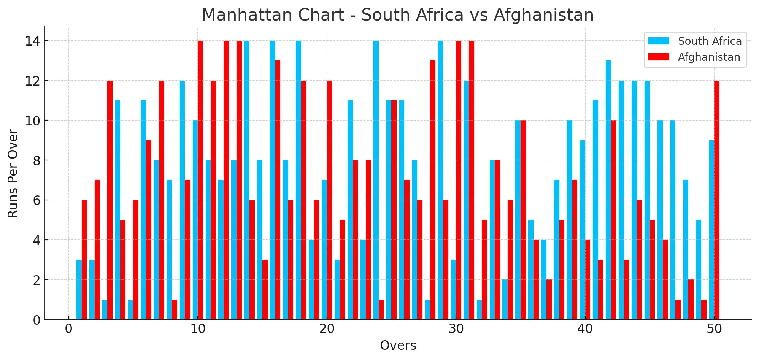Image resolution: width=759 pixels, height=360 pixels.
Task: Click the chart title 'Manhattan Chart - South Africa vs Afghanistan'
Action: click(397, 15)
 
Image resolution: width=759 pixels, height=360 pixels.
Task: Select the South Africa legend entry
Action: click(710, 41)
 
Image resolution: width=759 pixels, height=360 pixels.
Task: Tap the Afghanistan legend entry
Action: click(709, 57)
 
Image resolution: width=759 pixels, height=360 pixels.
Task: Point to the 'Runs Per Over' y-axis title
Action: click(13, 173)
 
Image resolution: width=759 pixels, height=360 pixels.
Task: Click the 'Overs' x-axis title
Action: click(398, 345)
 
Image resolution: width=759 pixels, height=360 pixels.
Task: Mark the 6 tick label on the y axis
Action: click(37, 200)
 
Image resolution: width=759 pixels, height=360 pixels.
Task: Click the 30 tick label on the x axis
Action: click(456, 329)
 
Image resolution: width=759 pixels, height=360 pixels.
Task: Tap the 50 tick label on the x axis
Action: click(714, 329)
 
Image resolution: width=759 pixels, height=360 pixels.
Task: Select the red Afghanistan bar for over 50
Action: click(717, 200)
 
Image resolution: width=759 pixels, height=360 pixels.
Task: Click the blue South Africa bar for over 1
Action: click(79, 289)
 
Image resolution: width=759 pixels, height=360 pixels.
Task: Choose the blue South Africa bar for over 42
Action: click(608, 190)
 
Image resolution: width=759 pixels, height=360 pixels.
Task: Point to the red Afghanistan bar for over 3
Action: click(110, 200)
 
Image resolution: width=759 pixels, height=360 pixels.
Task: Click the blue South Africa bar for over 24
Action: click(376, 180)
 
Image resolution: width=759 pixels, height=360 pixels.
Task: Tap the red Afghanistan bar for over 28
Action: click(433, 190)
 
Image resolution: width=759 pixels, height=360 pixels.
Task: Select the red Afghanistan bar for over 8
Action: click(175, 309)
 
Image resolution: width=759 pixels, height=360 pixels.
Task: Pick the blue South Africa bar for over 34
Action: click(505, 300)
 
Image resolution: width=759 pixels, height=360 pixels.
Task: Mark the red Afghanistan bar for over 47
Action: click(678, 309)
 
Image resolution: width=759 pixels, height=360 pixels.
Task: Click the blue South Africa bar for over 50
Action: click(711, 230)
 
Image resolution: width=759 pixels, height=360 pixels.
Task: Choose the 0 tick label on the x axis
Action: click(69, 329)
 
